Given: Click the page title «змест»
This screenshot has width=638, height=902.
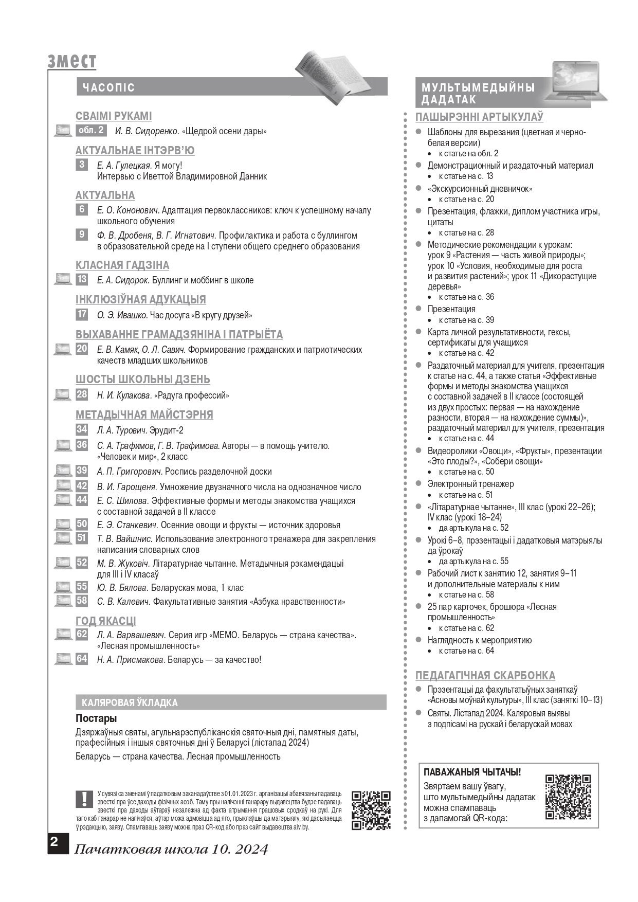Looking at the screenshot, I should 72,61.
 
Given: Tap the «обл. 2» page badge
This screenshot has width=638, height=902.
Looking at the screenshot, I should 91,131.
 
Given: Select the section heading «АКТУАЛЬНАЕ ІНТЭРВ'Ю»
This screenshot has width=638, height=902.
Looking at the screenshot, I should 135,151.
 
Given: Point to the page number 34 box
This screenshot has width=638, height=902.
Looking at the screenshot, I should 82,430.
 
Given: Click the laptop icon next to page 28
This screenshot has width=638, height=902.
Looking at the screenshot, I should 63,395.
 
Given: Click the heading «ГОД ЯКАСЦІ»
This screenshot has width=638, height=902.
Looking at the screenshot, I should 106,621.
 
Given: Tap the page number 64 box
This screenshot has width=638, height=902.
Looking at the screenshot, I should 82,659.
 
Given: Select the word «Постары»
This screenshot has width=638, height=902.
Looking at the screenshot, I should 96,718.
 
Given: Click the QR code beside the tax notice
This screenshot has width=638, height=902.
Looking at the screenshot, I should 371,810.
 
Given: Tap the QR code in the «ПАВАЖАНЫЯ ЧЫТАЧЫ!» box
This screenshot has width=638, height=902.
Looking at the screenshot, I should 568,797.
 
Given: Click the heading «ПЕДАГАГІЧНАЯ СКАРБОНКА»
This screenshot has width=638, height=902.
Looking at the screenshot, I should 485,675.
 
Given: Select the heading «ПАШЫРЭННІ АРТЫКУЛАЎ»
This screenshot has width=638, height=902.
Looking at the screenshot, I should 479,117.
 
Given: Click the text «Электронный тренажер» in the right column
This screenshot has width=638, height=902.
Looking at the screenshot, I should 470,484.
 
